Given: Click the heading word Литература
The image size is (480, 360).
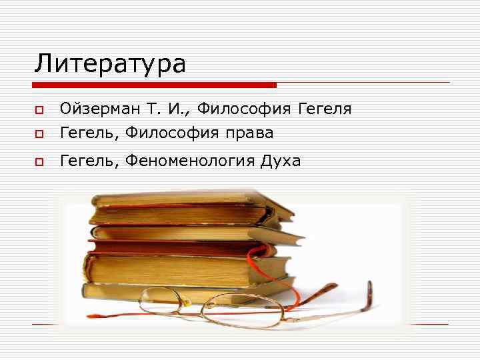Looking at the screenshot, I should [x=110, y=64].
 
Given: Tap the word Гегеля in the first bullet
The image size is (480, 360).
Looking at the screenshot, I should [x=324, y=109].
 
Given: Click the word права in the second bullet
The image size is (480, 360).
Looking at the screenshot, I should [x=249, y=133].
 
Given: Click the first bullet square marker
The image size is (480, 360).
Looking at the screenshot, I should [x=39, y=109].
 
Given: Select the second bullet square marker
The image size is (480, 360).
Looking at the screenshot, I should [x=39, y=134].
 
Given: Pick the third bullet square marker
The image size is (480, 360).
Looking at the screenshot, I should [x=39, y=161].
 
